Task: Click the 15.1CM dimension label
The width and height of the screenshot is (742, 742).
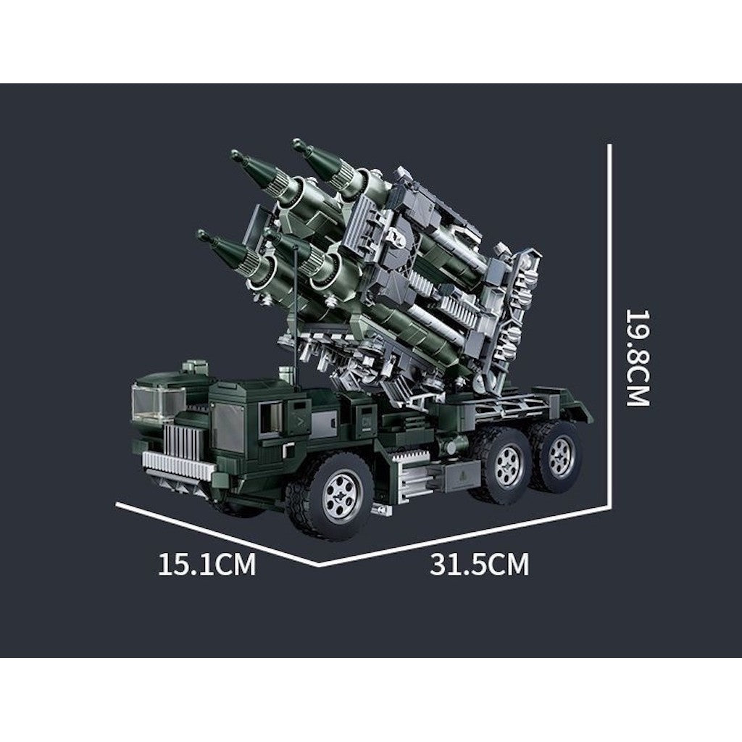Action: point(207,564)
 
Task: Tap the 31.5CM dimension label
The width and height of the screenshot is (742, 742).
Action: point(479,564)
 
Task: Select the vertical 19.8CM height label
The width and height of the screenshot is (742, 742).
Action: point(638,357)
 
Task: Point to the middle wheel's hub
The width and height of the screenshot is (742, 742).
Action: point(509,464)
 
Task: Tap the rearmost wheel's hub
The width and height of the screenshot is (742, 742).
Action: point(562,451)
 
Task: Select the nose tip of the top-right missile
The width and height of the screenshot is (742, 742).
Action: point(296,142)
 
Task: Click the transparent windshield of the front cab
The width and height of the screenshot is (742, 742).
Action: point(157,403)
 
